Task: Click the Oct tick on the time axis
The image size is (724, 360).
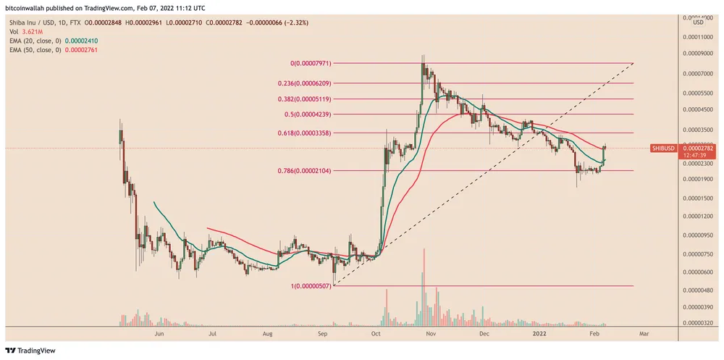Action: (x=375, y=335)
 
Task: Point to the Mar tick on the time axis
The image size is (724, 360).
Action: (x=644, y=335)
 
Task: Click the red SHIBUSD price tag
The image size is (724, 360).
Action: (x=663, y=148)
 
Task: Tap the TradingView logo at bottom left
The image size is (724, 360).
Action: (x=33, y=348)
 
